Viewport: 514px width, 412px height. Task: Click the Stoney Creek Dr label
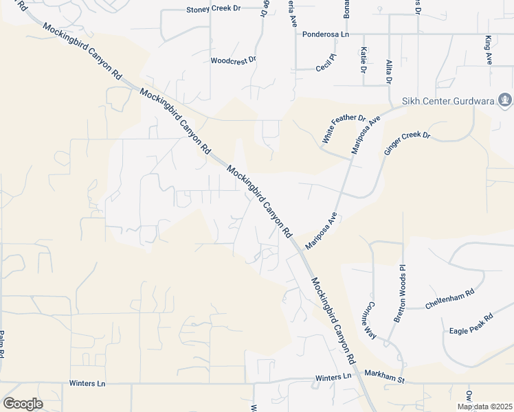(x=214, y=10)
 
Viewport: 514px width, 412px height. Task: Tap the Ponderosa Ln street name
(x=326, y=34)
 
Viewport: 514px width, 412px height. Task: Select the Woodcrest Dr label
(x=233, y=60)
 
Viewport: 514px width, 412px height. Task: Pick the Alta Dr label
(x=389, y=71)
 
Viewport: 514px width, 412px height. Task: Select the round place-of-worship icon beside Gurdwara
(x=505, y=101)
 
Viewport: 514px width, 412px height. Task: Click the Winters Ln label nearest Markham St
(x=333, y=378)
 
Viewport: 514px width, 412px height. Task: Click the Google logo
(x=23, y=404)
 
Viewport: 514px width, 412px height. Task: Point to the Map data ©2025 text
(x=484, y=407)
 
